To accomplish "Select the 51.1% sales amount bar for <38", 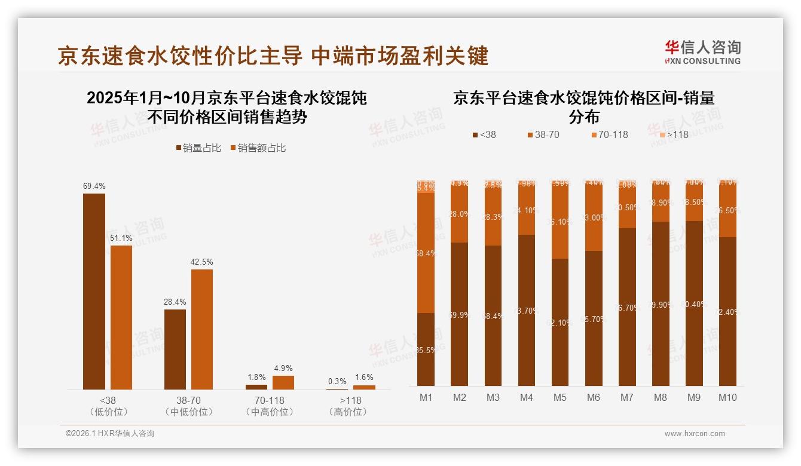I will (121, 317).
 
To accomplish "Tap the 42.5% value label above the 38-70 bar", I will (202, 262).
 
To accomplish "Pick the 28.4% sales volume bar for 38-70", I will (175, 349).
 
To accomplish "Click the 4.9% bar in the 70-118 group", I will (283, 382).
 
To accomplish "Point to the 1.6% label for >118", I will (363, 377).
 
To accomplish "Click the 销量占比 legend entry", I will (198, 148).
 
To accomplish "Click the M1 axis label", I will (426, 398).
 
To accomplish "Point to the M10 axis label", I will (727, 398).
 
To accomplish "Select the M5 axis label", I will (560, 398).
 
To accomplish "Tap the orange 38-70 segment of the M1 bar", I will (426, 253).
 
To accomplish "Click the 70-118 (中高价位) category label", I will (269, 406).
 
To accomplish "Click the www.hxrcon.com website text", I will (695, 434).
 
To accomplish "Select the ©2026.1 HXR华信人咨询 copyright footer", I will (110, 434).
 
